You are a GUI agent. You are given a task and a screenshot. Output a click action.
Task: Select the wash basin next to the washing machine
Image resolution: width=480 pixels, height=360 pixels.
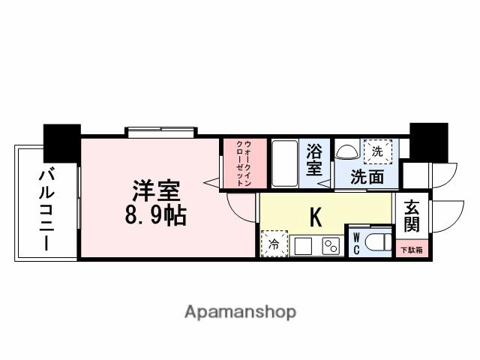(347, 152)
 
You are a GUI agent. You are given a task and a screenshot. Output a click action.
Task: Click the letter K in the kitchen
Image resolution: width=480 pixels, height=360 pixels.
(316, 217)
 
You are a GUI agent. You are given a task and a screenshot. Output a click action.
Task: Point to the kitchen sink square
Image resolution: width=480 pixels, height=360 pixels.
(303, 245)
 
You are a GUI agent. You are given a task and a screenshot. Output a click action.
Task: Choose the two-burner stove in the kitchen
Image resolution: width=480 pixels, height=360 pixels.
(329, 245)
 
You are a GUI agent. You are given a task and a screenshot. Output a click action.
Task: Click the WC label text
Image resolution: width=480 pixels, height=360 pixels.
(356, 244)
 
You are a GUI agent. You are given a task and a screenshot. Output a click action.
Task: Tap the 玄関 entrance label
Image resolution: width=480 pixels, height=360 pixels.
(412, 216)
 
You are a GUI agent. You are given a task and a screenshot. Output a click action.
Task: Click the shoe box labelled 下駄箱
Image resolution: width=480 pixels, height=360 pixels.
(411, 249)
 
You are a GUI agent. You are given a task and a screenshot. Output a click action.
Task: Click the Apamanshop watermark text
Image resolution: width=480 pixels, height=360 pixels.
(240, 310)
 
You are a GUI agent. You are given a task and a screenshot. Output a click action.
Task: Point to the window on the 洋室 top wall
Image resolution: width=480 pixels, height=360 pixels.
(160, 133)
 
